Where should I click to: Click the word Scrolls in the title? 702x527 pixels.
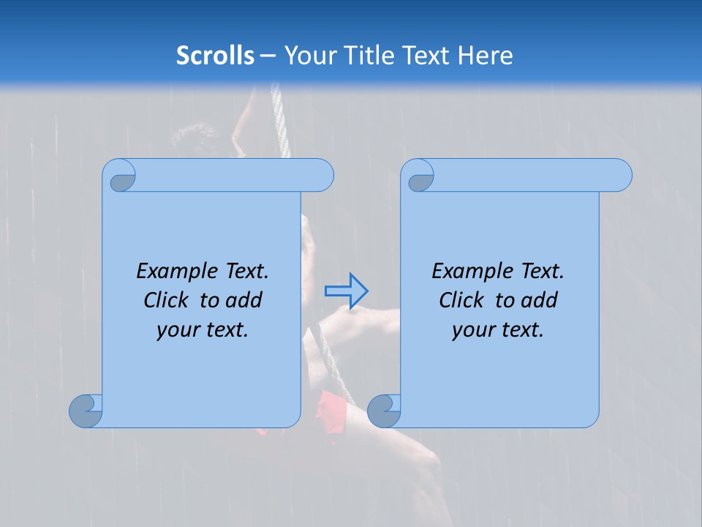(215, 56)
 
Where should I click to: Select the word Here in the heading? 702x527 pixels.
(485, 56)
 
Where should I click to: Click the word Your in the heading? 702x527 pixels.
(308, 56)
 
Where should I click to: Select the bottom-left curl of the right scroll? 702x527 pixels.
(384, 411)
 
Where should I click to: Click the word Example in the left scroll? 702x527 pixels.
(175, 272)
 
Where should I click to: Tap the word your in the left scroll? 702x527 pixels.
(177, 331)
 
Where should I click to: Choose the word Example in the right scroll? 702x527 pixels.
(470, 272)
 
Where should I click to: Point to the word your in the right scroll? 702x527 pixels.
(472, 331)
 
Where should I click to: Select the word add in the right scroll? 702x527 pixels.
(538, 301)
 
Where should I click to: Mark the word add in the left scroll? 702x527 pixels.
(243, 301)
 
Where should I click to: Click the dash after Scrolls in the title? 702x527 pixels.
(267, 56)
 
